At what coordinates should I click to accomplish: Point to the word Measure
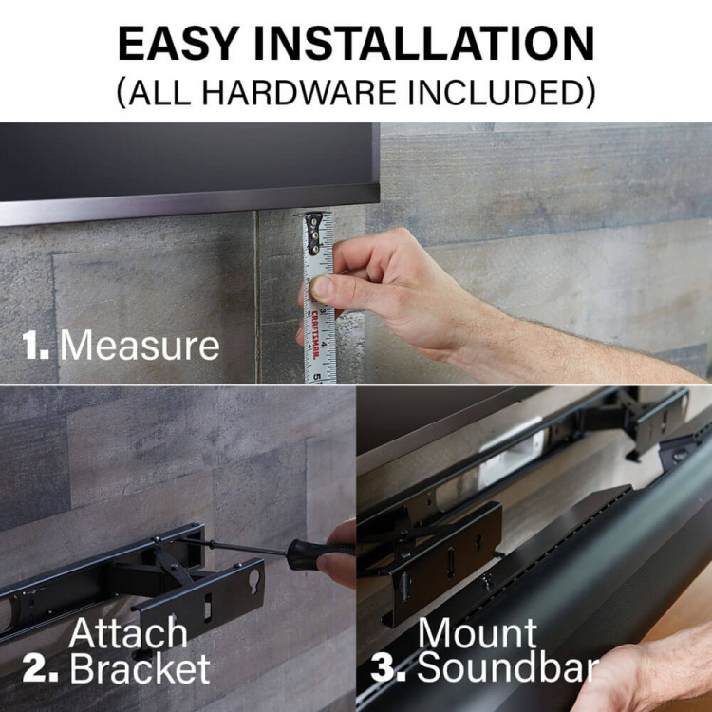tap(140, 346)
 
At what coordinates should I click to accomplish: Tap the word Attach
tap(129, 633)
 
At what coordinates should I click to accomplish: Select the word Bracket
tap(140, 669)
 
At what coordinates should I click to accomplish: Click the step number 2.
tap(39, 669)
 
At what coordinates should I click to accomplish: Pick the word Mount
tap(478, 633)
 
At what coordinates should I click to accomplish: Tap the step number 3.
tap(388, 669)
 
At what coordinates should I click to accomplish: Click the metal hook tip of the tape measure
tap(314, 221)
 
